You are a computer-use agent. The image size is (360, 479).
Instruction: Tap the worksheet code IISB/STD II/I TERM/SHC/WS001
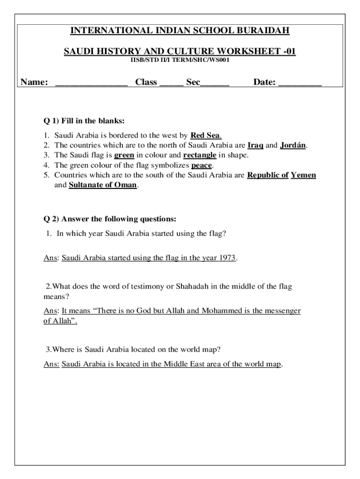(x=180, y=60)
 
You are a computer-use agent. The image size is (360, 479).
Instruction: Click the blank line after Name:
(x=91, y=83)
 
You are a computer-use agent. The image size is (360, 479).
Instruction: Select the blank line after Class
(x=171, y=83)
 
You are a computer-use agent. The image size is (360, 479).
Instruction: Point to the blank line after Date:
(x=300, y=83)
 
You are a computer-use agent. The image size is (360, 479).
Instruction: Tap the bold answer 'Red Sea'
(x=206, y=136)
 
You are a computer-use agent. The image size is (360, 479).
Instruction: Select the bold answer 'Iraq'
(x=255, y=145)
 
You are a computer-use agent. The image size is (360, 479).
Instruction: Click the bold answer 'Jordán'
(x=293, y=145)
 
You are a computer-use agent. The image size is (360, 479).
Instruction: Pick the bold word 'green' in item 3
(x=124, y=155)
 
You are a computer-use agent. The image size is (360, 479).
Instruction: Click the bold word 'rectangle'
(x=200, y=155)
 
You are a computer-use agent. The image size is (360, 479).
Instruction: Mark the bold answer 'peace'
(x=202, y=165)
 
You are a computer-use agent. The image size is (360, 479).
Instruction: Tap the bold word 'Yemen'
(x=303, y=175)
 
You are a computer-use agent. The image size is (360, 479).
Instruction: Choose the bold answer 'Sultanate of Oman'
(x=103, y=185)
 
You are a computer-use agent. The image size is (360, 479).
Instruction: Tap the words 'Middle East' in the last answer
(x=184, y=364)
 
